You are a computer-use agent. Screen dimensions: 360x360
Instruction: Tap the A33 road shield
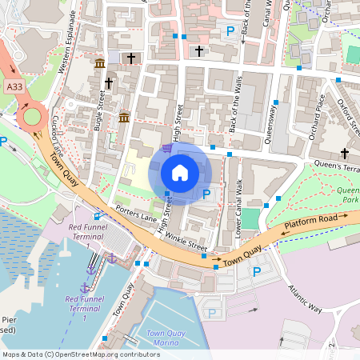click(x=13, y=86)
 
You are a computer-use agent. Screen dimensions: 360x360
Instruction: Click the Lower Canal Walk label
click(x=239, y=199)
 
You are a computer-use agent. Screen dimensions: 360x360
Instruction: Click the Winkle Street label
click(x=185, y=247)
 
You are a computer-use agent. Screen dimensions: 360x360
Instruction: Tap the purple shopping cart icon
click(x=166, y=147)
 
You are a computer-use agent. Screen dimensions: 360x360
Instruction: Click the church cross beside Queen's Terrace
click(x=345, y=154)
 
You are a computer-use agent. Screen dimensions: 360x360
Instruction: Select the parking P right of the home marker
click(x=207, y=194)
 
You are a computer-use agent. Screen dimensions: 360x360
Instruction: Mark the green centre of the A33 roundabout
click(x=31, y=117)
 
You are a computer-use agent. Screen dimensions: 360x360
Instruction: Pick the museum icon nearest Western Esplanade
click(x=99, y=64)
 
